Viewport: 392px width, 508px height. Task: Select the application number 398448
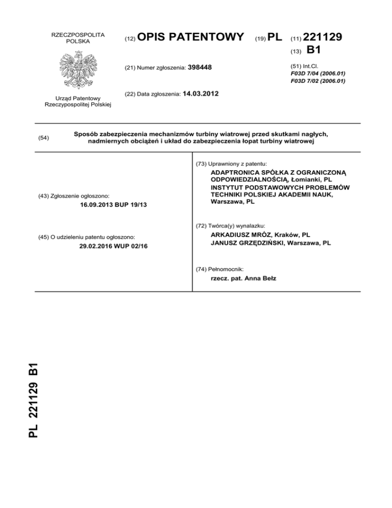tap(200, 67)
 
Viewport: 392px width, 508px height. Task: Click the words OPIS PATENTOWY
tap(191, 37)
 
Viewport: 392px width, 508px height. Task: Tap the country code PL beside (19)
tap(274, 37)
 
